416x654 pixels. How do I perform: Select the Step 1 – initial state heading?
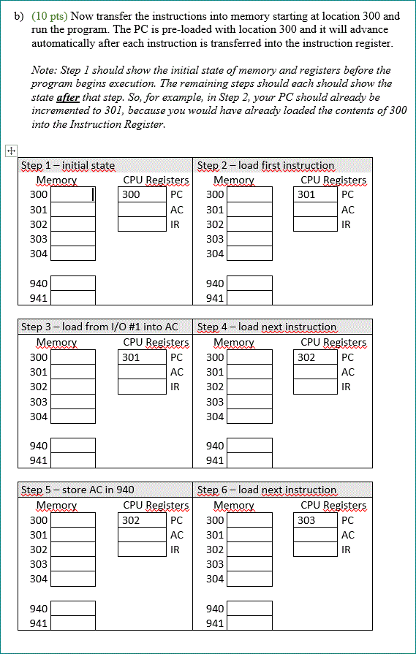point(68,166)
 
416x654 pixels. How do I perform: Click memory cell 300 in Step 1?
point(73,195)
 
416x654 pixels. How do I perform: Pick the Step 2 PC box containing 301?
point(316,195)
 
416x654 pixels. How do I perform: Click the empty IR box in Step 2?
point(316,224)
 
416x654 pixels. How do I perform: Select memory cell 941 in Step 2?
point(250,298)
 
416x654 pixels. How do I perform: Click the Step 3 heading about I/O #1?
point(99,327)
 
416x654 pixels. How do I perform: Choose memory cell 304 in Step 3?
point(73,417)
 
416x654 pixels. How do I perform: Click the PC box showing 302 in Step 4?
point(316,357)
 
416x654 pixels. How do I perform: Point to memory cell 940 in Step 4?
point(250,446)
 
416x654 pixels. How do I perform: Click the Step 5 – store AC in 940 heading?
point(77,490)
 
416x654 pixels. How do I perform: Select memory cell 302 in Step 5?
point(73,550)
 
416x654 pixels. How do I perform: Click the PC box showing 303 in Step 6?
point(316,520)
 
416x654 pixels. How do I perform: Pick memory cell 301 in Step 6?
point(250,535)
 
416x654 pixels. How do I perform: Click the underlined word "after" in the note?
point(67,97)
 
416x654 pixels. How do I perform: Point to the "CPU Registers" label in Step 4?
point(333,342)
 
